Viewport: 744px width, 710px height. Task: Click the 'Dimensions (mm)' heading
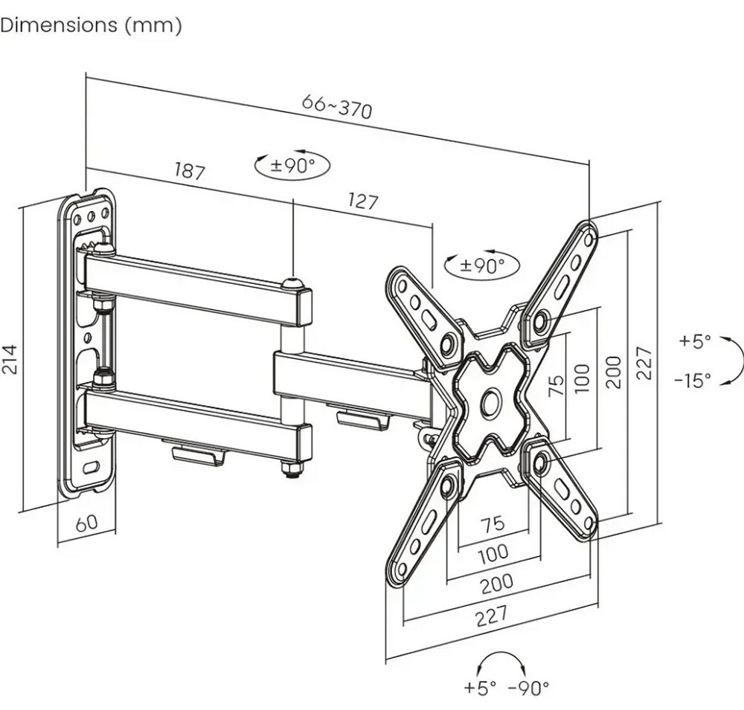91,25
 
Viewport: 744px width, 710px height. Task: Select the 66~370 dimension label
337,107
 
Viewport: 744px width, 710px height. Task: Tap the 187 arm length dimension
190,171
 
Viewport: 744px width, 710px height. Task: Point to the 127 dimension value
363,201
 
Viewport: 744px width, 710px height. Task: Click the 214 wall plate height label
10,359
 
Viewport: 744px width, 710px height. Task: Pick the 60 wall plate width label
87,522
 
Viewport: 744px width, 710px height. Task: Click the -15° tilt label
693,380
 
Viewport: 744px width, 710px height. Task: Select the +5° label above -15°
695,341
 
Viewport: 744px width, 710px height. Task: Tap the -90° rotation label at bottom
528,687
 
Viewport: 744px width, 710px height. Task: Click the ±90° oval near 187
292,166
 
